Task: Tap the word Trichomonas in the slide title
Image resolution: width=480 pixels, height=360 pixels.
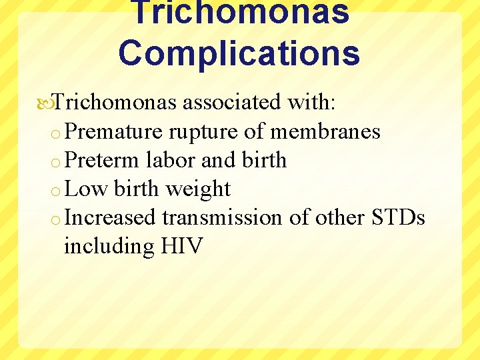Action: click(239, 12)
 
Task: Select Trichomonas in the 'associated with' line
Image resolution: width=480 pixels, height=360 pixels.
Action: click(115, 102)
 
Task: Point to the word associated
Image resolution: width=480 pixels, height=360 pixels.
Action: click(232, 102)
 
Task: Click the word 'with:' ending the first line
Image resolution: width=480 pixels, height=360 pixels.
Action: click(313, 102)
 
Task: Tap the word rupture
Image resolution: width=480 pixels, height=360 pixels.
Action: click(204, 131)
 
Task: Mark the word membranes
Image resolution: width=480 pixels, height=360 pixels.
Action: click(325, 131)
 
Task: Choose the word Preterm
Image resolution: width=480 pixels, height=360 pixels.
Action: click(103, 160)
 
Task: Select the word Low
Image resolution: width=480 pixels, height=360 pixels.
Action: click(87, 189)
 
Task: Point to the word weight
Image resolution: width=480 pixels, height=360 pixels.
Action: click(198, 189)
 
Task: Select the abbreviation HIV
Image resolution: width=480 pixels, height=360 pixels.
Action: click(182, 246)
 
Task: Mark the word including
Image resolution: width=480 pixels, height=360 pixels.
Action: click(109, 247)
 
